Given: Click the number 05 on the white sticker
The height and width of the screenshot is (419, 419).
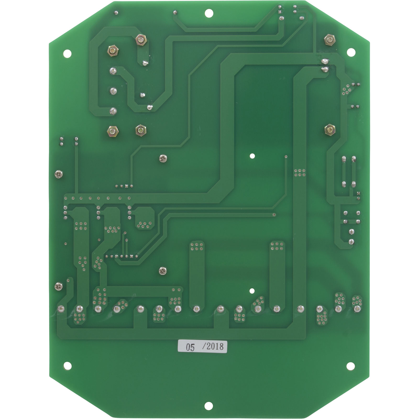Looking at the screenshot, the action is coord(190,348).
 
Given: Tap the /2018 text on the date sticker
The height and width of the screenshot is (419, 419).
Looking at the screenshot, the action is coord(213,347).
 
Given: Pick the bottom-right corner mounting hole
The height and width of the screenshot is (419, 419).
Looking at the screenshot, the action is coord(350,365).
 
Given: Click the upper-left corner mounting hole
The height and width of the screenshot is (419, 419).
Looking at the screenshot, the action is coord(67,53).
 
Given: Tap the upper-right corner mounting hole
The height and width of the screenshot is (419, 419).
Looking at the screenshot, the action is coord(351,52).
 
